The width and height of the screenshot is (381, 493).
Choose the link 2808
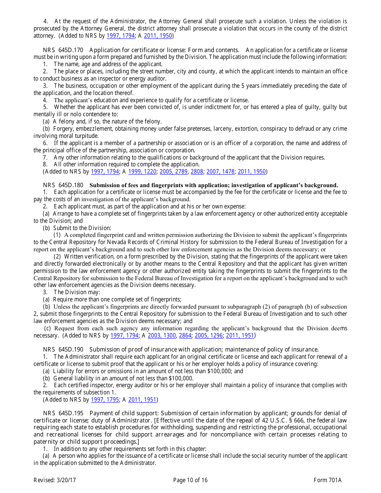(x=197, y=172)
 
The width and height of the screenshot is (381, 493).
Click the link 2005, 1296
(x=209, y=335)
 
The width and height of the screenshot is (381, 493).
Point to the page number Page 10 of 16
(x=190, y=480)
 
